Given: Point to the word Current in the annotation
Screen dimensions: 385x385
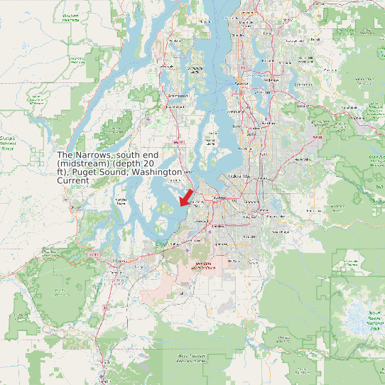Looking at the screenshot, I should (73, 180).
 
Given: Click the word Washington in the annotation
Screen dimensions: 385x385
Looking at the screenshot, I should (157, 172).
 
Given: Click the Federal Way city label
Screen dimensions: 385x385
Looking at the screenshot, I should (237, 175).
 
